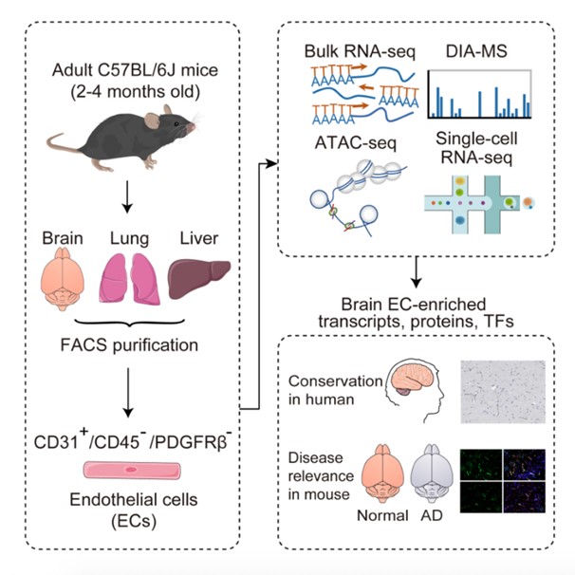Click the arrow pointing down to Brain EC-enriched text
tap(417, 275)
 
